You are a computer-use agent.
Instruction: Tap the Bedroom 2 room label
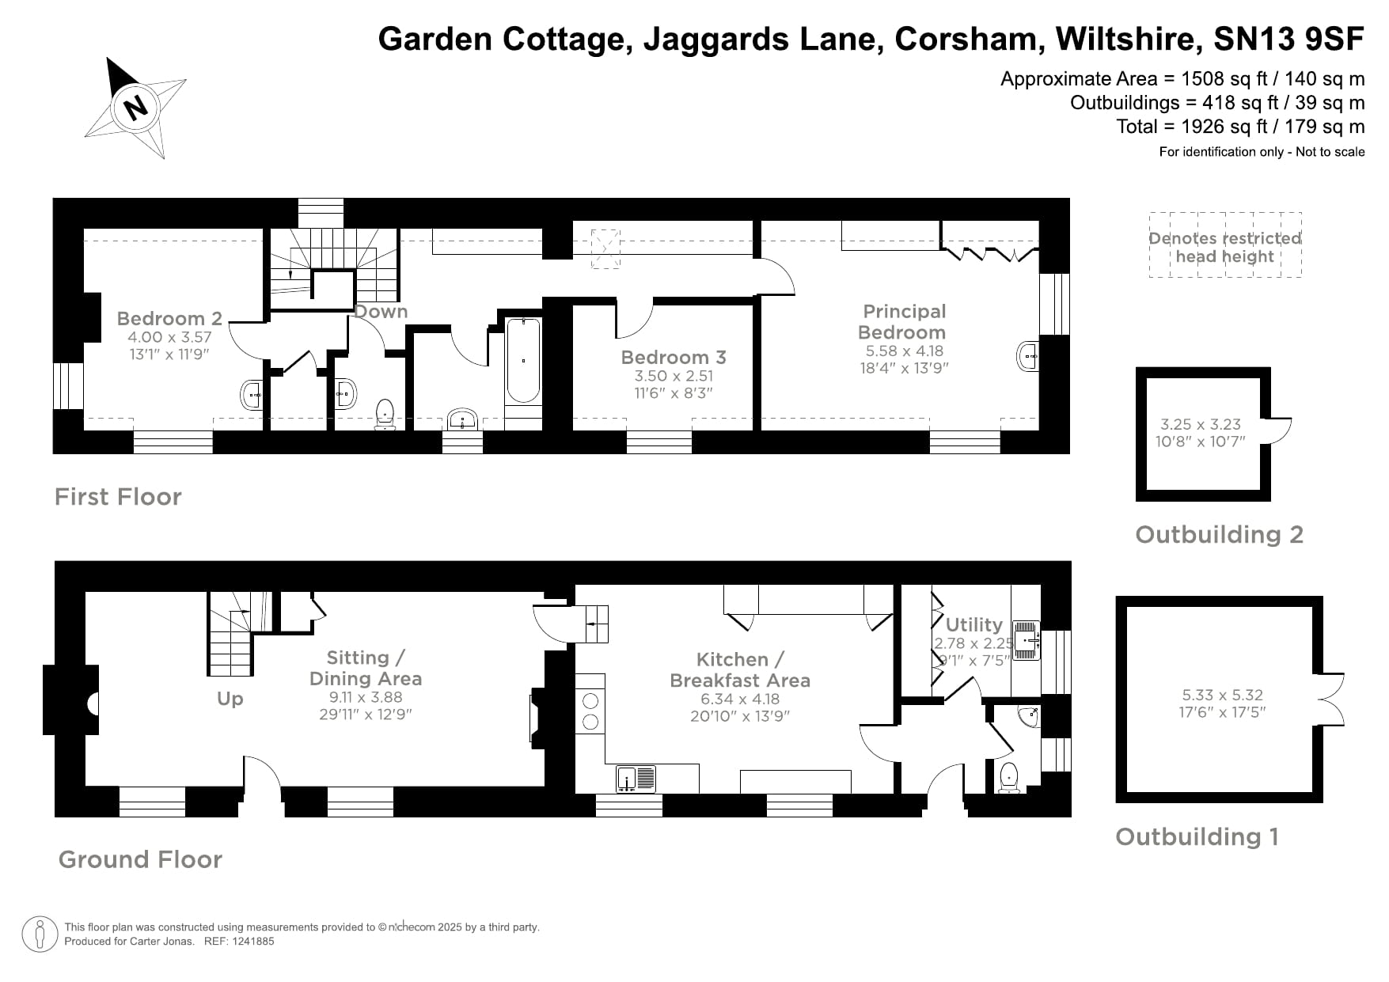[169, 319]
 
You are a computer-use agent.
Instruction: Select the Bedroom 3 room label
[674, 358]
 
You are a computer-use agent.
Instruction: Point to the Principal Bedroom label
[904, 322]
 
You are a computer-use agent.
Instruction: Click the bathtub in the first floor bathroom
[523, 361]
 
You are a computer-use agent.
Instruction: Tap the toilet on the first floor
[385, 413]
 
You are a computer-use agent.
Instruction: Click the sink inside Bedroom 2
[252, 393]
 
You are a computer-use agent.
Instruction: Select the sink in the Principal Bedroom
[1027, 357]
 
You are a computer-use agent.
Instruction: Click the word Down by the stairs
[381, 312]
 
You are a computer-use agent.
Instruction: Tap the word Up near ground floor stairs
[230, 700]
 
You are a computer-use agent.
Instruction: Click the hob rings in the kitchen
[590, 711]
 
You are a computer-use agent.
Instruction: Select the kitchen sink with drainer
[637, 779]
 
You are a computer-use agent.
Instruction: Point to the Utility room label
[973, 625]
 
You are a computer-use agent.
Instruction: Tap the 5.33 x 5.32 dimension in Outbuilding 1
[1222, 695]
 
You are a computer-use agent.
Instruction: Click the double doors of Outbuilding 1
[1331, 700]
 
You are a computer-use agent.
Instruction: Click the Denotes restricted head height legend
[1224, 247]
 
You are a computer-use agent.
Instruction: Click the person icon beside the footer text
[40, 935]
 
